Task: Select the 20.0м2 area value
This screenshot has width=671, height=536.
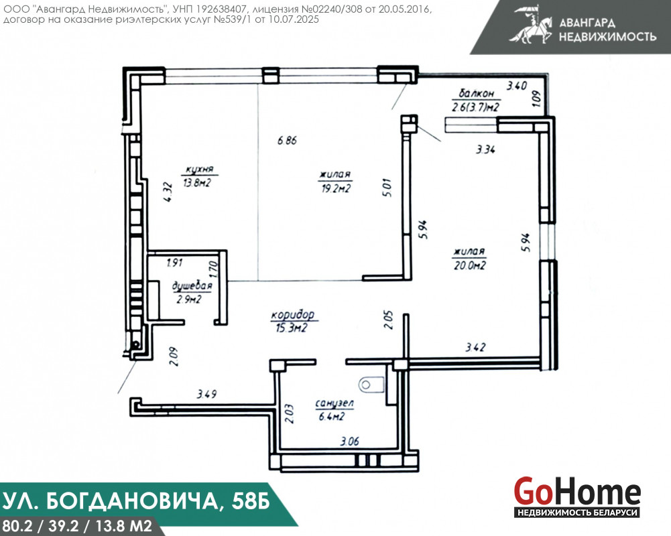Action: (469, 265)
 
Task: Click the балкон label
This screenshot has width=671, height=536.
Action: (476, 93)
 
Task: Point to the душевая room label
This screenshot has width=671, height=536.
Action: (192, 285)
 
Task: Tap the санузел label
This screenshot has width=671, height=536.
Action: (334, 403)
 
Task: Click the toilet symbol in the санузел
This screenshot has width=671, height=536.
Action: (371, 384)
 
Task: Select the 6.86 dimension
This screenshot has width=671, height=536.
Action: (287, 140)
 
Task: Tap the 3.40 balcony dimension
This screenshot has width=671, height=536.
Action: (517, 86)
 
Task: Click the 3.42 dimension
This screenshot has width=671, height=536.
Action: (475, 347)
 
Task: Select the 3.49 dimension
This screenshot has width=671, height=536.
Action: (206, 393)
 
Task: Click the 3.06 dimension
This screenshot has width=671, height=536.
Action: (349, 441)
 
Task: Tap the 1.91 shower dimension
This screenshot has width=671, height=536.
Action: (174, 262)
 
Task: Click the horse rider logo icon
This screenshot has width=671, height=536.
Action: (531, 24)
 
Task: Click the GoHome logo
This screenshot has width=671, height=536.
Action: (577, 496)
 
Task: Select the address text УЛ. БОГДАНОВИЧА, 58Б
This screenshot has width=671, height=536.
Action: (136, 500)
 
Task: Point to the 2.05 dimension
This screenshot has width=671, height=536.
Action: (388, 320)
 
